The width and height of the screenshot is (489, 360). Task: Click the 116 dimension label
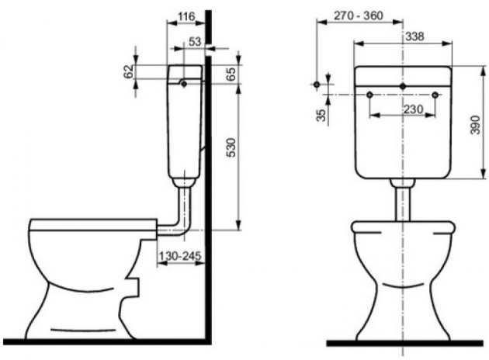point(186,16)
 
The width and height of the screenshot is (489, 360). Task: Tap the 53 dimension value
point(196,41)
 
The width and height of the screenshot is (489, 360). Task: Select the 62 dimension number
point(130,71)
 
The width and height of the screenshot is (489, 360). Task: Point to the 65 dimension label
point(231,74)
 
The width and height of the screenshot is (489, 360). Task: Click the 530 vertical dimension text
point(231,147)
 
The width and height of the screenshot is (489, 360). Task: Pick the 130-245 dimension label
point(180,256)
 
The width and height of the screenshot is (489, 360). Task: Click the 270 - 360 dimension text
point(359,16)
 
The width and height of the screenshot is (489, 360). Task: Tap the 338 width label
point(414,36)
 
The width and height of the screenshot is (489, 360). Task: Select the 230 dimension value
point(414,109)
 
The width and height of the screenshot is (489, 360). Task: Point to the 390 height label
point(475,125)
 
